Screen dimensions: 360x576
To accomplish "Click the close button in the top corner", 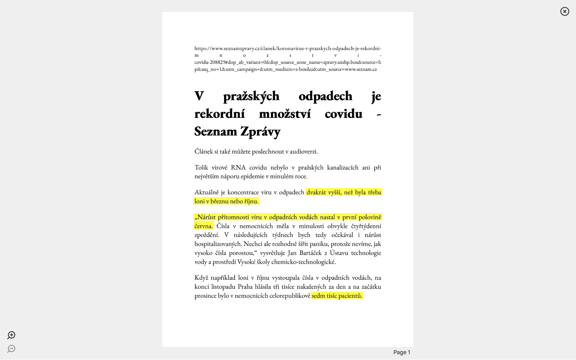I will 564,12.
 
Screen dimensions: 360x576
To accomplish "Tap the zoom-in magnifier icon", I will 11,335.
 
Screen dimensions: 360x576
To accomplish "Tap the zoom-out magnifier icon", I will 11,349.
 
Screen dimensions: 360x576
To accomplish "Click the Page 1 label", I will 401,352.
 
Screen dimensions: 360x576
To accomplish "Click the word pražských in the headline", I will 251,96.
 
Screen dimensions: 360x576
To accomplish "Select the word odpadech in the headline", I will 325,96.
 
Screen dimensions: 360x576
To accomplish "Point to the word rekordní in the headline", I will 220,114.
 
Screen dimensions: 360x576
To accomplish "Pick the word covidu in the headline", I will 343,114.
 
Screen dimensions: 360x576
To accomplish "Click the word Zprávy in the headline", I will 260,132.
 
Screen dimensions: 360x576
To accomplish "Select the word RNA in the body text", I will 238,168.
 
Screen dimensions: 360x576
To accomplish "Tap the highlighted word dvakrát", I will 316,192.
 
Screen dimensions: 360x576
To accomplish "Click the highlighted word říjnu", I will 251,201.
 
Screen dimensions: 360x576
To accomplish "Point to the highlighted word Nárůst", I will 206,217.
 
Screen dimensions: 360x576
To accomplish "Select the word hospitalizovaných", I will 218,244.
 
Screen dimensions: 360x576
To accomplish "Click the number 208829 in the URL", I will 218,62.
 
